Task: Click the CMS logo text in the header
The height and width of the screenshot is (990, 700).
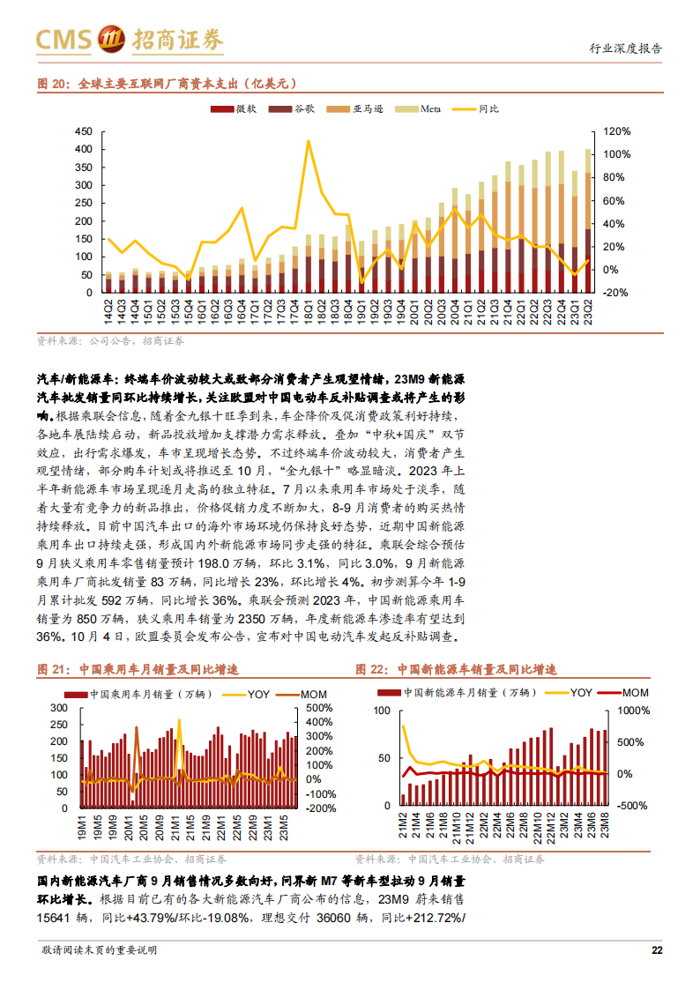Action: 63,40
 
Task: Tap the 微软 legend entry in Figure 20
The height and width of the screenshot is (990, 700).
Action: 234,109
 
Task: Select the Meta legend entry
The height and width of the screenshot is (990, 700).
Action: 418,109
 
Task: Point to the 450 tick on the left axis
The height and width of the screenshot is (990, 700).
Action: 84,131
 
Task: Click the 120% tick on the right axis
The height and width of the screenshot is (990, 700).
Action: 616,131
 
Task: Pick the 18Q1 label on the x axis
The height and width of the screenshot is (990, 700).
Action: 309,312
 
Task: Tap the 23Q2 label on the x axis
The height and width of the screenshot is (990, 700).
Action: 588,312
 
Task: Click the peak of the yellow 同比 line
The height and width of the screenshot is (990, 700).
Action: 308,141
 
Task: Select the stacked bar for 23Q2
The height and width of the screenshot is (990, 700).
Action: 588,221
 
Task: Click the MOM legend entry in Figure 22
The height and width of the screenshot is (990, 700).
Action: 622,693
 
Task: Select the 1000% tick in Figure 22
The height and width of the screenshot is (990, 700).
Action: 633,711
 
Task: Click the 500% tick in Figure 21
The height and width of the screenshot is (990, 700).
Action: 319,708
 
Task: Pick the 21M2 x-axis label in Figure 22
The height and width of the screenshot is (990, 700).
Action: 403,826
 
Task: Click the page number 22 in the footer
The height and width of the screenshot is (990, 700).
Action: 657,949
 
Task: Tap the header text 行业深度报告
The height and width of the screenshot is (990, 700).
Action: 626,48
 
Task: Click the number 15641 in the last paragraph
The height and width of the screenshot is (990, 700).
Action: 53,918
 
